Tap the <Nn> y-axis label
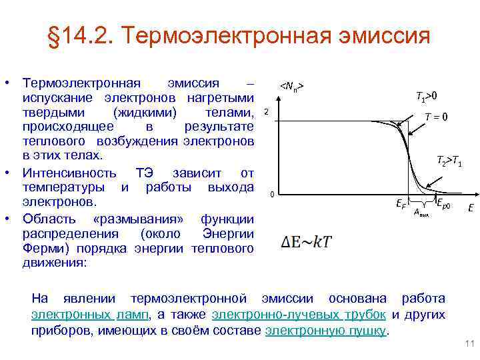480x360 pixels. tap(292, 87)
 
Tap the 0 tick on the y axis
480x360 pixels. tap(271, 195)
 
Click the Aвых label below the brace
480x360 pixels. tap(421, 213)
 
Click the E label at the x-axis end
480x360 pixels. tap(471, 207)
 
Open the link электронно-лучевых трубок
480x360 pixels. tap(299, 315)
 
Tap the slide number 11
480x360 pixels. tap(468, 344)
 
